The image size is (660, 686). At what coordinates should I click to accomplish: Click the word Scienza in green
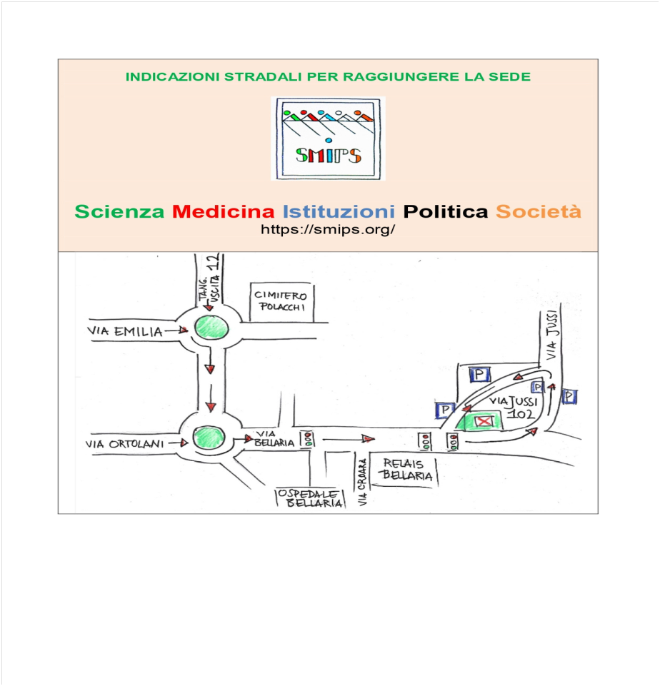pyautogui.click(x=120, y=211)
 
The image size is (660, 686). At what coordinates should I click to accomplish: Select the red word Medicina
pyautogui.click(x=224, y=211)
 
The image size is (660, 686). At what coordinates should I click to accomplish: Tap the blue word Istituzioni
pyautogui.click(x=339, y=211)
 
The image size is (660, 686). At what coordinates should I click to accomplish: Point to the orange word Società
pyautogui.click(x=539, y=211)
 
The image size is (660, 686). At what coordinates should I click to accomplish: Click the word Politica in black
pyautogui.click(x=446, y=211)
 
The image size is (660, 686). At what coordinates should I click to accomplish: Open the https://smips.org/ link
pyautogui.click(x=328, y=230)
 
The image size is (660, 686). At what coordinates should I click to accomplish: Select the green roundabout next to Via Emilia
pyautogui.click(x=211, y=328)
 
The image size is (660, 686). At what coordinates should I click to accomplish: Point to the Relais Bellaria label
pyautogui.click(x=405, y=469)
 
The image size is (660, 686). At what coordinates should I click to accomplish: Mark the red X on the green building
pyautogui.click(x=485, y=422)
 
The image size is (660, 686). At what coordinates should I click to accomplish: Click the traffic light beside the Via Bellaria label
pyautogui.click(x=309, y=439)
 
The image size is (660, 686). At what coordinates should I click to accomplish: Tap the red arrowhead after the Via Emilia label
pyautogui.click(x=184, y=330)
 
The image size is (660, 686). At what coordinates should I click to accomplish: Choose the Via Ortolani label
pyautogui.click(x=124, y=443)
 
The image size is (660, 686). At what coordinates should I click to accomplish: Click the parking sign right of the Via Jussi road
pyautogui.click(x=569, y=396)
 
